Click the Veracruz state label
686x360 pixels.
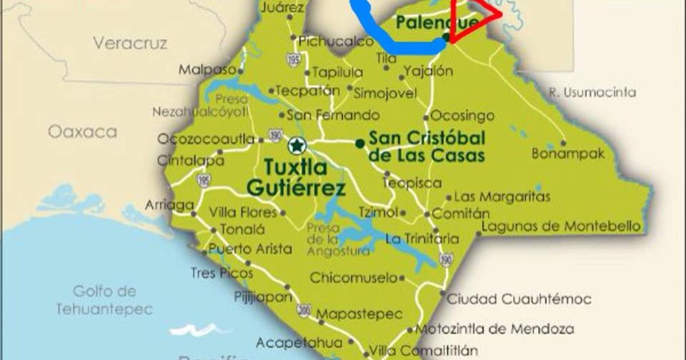[129, 44]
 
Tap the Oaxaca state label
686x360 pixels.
[82, 132]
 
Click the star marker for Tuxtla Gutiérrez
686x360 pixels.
[297, 146]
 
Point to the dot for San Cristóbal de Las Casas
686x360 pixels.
[359, 143]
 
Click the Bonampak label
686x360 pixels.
[568, 154]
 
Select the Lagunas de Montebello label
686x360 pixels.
[561, 226]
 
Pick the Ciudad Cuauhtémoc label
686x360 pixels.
[520, 299]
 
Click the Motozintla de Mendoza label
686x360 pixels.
[495, 329]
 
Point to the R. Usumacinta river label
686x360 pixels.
[592, 92]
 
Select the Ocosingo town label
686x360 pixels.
[462, 115]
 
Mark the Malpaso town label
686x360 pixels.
[207, 69]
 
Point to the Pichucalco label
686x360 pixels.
[336, 41]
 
